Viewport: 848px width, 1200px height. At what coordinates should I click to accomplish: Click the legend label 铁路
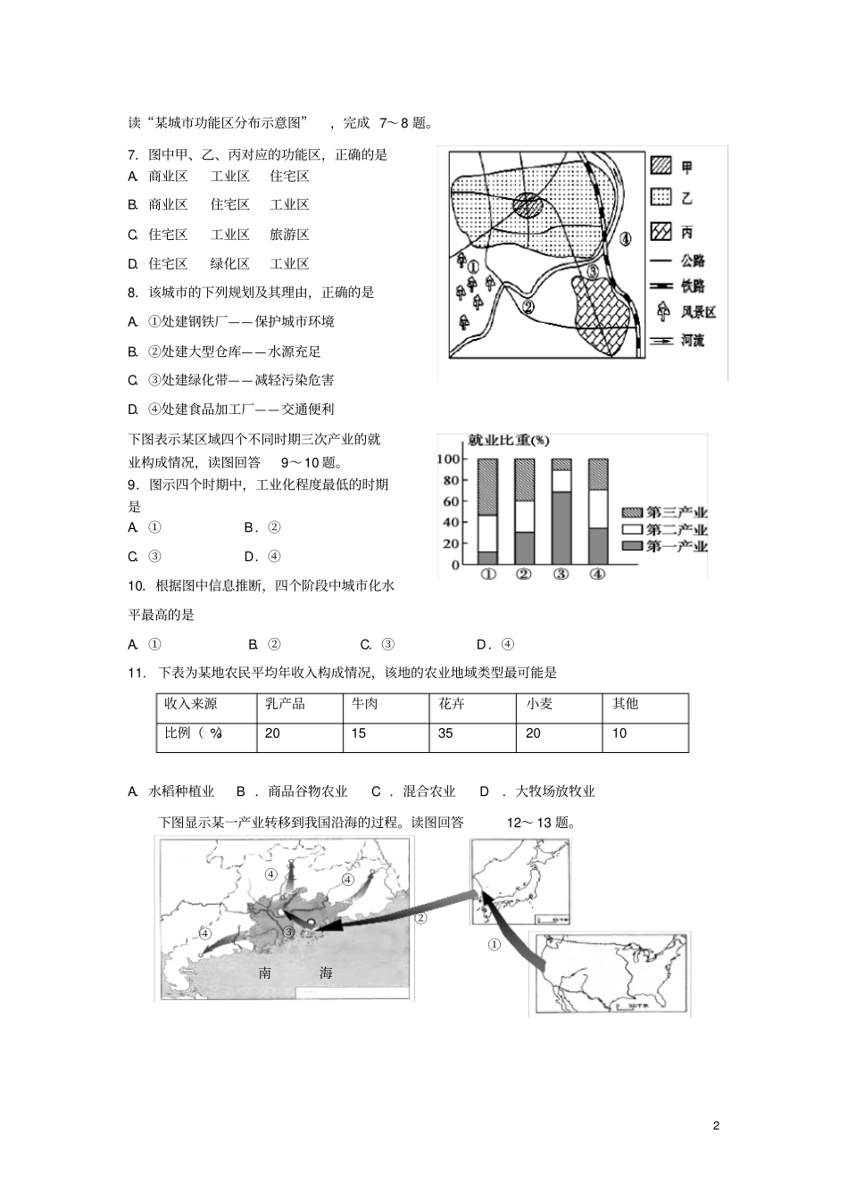pos(692,287)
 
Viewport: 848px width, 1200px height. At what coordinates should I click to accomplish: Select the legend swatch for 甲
pos(661,167)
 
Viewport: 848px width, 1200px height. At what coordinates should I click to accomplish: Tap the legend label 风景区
pos(697,313)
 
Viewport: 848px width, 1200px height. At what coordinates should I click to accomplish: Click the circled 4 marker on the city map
pos(626,238)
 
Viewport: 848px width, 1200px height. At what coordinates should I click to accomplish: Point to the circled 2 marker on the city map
pos(528,307)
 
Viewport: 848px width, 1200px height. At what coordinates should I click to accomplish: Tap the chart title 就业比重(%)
pos(508,441)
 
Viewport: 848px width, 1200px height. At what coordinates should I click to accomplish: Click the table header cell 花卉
pos(452,704)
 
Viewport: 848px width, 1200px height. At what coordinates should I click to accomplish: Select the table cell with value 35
pos(446,733)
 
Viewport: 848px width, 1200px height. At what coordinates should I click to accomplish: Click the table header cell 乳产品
pos(285,704)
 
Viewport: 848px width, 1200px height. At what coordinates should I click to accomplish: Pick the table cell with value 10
pos(619,733)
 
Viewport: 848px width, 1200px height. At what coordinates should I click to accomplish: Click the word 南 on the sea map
pos(265,973)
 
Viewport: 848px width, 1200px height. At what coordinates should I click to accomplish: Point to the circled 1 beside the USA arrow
pos(495,945)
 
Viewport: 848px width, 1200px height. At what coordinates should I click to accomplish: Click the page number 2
pos(716,1125)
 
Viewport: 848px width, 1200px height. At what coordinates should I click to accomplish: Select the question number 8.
pos(133,293)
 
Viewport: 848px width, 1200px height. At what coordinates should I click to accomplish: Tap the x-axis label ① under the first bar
pos(487,575)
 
